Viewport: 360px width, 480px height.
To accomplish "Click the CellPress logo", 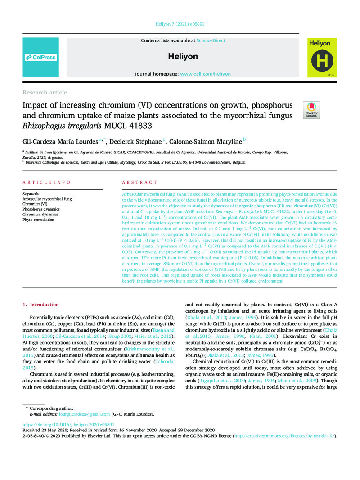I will pos(40,57).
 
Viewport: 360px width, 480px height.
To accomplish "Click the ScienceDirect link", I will pos(211,40).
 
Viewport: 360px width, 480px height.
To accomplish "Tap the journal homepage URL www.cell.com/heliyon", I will pos(205,74).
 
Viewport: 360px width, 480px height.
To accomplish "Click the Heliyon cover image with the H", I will pos(322,57).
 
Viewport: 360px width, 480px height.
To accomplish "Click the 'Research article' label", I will pos(45,93).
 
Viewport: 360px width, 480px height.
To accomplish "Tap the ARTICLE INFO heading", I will pos(46,183).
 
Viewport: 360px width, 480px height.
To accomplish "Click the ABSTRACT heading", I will pos(139,183).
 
